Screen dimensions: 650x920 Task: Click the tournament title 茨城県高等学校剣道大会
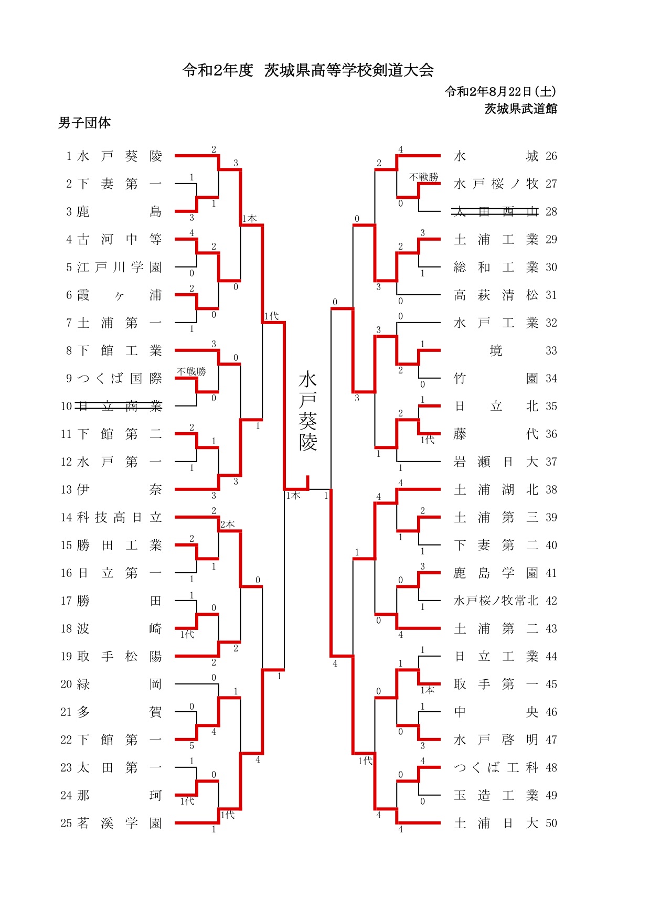coord(349,70)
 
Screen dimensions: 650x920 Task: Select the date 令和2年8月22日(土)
coord(500,92)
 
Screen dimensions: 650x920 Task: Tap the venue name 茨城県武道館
coord(520,109)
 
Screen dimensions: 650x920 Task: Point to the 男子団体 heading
coord(84,123)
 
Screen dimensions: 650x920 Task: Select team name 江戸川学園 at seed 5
coord(120,267)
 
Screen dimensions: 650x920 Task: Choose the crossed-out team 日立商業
coord(119,406)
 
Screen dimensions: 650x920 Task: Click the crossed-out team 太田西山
coord(496,211)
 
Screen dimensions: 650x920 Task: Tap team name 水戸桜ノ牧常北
coord(496,601)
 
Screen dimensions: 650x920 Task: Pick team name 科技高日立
coord(120,517)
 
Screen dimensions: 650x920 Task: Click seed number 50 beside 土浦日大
coord(551,823)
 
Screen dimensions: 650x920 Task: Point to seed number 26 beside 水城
coord(551,156)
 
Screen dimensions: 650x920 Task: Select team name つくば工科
coord(496,767)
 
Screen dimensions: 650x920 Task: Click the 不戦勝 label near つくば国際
coord(191,371)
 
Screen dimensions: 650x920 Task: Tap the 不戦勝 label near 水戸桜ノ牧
coord(424,177)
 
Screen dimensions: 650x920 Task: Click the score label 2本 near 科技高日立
coord(228,524)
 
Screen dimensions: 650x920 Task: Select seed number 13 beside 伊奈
coord(66,489)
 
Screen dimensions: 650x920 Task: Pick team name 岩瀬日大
coord(496,462)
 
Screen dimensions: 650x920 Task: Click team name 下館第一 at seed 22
coord(120,740)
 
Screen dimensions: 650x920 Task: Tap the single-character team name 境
coord(496,350)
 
